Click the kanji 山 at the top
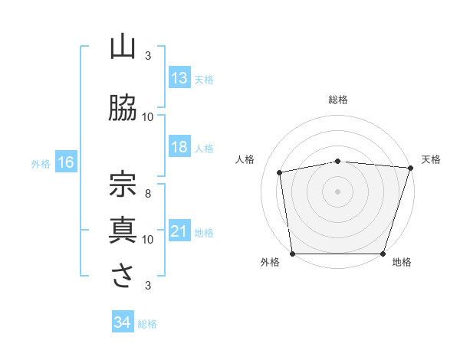(123, 47)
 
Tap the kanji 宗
(123, 182)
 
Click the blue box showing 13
(179, 78)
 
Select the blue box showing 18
(179, 147)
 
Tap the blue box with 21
(179, 231)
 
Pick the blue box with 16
(65, 162)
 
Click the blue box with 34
(122, 322)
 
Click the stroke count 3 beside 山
(148, 56)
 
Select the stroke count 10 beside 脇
(148, 116)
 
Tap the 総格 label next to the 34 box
(147, 324)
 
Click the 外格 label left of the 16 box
(41, 163)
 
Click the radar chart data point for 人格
(281, 172)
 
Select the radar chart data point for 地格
(383, 254)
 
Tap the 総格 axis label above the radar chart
(338, 100)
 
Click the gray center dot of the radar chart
(338, 191)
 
